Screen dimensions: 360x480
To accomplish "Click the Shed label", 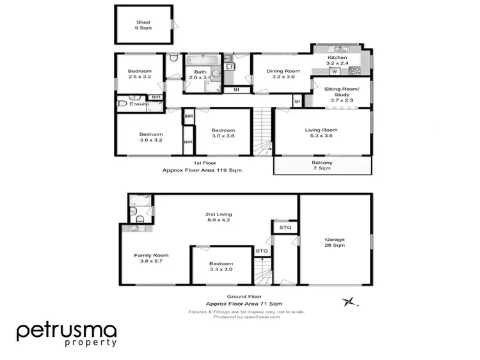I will pos(143,26).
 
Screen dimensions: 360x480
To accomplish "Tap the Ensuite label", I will pos(139,104).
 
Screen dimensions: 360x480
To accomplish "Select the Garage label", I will pos(335,242).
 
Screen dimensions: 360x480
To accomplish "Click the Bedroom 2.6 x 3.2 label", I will pos(140,74).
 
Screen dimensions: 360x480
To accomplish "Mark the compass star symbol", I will pos(349,301).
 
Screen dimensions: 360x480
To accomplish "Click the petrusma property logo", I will pos(67,334).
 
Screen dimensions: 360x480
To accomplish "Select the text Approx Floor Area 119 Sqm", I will pos(202,171).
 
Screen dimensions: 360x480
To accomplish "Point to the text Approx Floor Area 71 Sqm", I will pos(244,304).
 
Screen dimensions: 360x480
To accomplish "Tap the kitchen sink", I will pos(337,49).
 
